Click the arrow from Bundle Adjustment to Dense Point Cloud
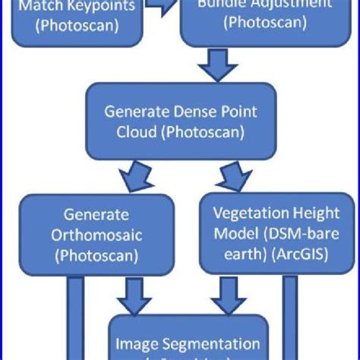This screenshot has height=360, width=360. tap(217, 67)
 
